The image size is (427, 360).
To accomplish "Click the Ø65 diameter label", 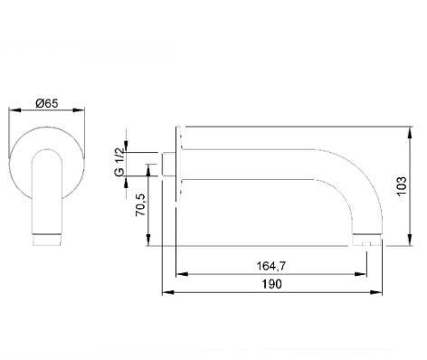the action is pos(47,103).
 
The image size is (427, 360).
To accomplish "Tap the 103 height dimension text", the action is pos(402,185).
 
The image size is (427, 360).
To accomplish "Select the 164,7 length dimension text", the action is pos(270,266).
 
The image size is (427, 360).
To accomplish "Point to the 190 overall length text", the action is pos(272,284).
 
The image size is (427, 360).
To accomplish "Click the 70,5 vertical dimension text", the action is pos(140,205).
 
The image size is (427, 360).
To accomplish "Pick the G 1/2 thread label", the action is pos(119,162).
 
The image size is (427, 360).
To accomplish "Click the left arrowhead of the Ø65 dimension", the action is pos(14,110).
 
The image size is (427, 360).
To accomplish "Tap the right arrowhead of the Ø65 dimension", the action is pos(79,110).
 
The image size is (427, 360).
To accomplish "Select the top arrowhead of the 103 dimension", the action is pos(410,133).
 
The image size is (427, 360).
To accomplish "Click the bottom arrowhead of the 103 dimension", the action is pos(410,240).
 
